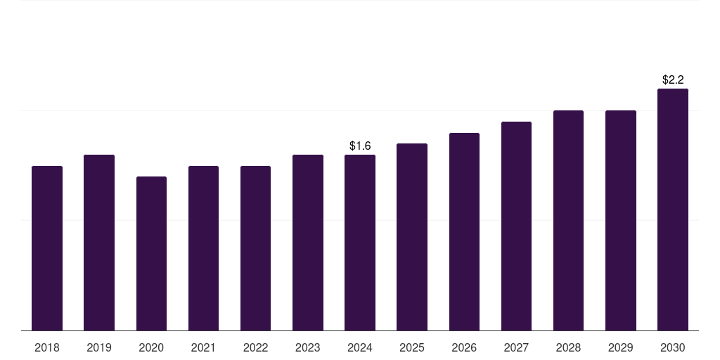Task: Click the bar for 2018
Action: coord(47,248)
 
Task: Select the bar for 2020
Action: coord(152,253)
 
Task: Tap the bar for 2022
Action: coord(255,248)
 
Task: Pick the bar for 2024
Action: coord(360,243)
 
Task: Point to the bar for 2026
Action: coord(464,231)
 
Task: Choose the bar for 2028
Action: coord(568,220)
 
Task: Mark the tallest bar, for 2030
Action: coord(673,210)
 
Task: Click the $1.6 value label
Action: coord(360,146)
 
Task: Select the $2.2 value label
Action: coord(673,80)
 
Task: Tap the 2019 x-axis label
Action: coord(99,348)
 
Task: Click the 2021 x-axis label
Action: coord(203,348)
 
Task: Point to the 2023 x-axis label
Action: coord(308,348)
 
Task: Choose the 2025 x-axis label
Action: coord(412,348)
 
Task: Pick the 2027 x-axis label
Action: coord(516,348)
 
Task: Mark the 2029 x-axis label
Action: coord(620,348)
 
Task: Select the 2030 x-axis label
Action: coord(673,348)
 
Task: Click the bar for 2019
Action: coord(99,243)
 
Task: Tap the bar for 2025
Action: coord(412,237)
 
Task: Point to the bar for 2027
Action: coord(516,226)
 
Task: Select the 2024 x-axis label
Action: coord(360,348)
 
